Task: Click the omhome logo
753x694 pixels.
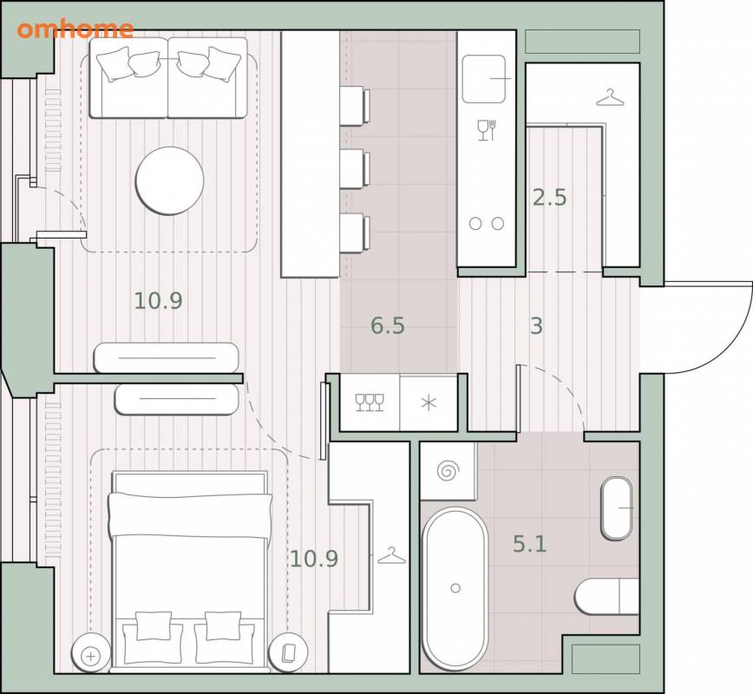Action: coord(75,29)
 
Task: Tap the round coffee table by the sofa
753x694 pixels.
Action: coord(169,180)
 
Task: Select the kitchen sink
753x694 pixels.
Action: coord(484,79)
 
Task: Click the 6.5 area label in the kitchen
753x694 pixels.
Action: coord(388,325)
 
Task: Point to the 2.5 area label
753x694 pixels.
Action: coord(549,198)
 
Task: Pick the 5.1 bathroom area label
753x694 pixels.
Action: coord(530,544)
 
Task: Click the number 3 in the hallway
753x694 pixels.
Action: coord(536,325)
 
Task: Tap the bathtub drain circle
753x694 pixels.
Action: coord(455,588)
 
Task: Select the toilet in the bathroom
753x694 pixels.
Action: coord(606,597)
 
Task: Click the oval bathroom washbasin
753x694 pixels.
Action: coord(617,508)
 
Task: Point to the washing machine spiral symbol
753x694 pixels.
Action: coord(448,471)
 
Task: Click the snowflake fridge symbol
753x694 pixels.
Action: coord(429,403)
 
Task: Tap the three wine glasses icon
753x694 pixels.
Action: coord(370,403)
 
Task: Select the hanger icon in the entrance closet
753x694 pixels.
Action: coord(610,98)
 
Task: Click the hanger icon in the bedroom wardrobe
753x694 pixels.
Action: coord(392,556)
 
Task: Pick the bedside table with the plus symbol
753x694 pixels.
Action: coord(91,653)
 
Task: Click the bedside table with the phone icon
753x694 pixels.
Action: coord(288,653)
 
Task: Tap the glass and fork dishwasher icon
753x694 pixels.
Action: coord(487,130)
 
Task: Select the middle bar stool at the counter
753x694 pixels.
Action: coord(355,169)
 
